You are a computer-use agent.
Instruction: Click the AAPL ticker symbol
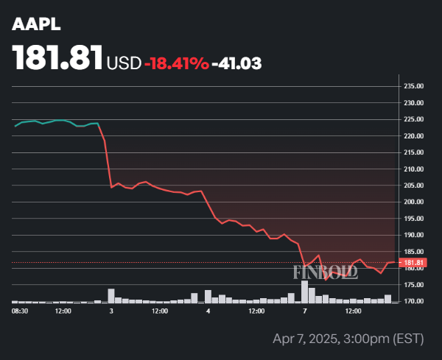[37, 24]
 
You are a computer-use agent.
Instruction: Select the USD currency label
[124, 63]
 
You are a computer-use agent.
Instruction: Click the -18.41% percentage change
[176, 63]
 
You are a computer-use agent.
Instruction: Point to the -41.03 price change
[236, 63]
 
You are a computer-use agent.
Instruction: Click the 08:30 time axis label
[21, 312]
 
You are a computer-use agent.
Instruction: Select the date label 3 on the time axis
[111, 312]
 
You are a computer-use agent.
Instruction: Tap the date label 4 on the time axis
[208, 312]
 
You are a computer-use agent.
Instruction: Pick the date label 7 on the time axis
[305, 312]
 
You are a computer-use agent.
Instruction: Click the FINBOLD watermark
[326, 272]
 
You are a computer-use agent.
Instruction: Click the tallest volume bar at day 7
[304, 292]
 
